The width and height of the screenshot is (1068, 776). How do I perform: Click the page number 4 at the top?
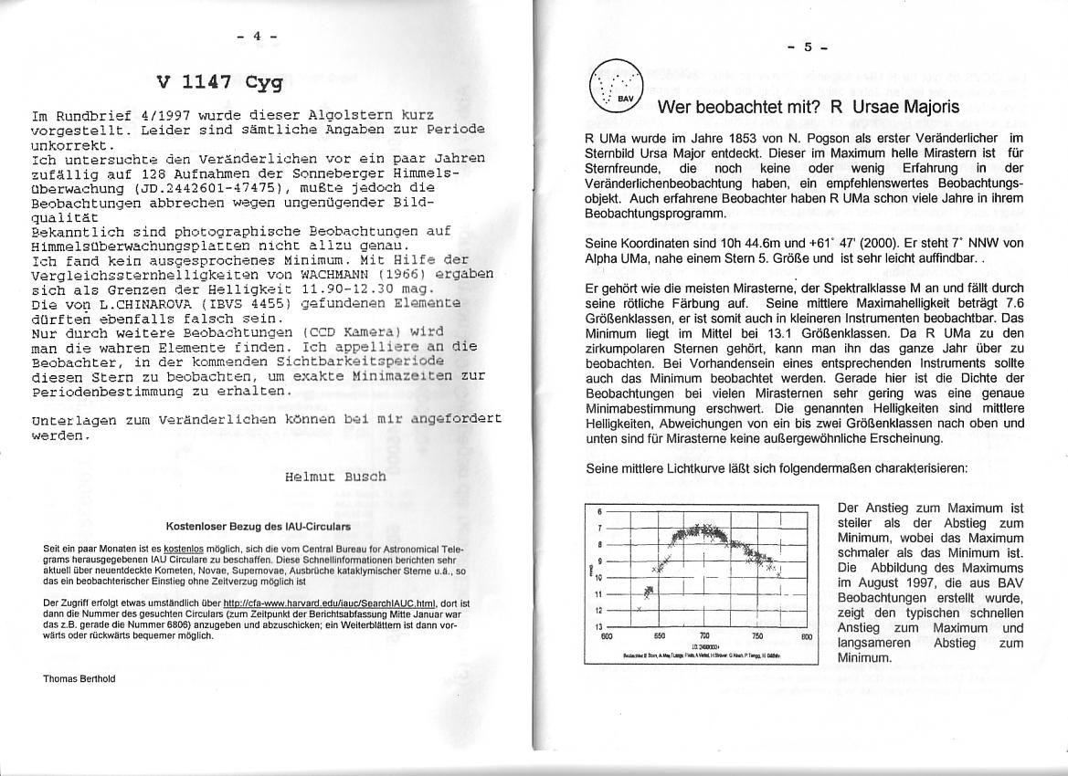click(257, 36)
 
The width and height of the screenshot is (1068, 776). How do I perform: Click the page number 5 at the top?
click(808, 48)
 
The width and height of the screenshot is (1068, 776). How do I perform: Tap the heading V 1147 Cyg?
click(219, 83)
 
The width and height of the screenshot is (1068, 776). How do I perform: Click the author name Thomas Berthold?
click(79, 678)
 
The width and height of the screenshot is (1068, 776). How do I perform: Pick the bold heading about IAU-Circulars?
click(258, 527)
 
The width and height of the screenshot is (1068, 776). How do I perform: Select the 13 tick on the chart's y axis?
click(598, 626)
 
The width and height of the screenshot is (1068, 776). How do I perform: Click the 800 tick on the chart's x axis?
click(806, 637)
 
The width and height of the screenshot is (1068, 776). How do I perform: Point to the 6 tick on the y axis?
click(599, 512)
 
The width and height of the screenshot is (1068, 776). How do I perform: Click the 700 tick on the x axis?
click(704, 637)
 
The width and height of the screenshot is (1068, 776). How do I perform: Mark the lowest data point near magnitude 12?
click(640, 609)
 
